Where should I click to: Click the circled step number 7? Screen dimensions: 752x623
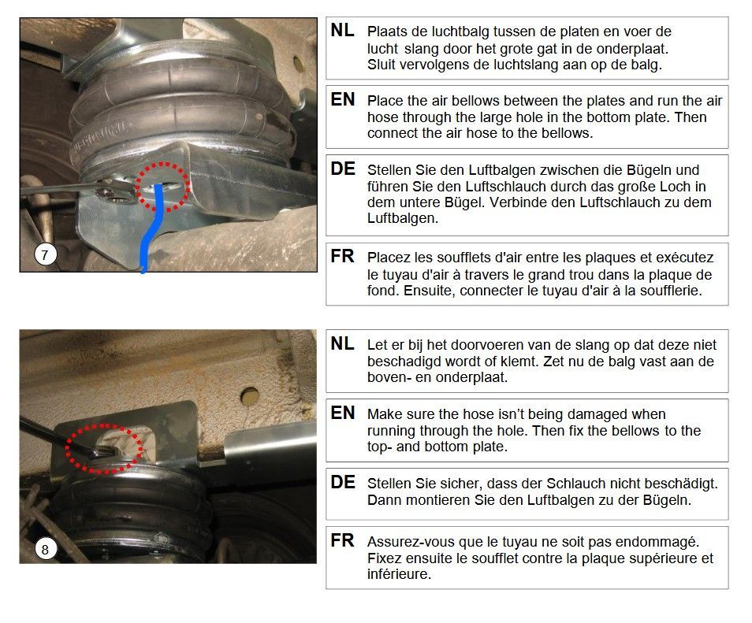[46, 254]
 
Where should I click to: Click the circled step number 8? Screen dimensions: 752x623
[46, 549]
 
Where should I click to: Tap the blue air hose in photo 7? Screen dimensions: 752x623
[152, 225]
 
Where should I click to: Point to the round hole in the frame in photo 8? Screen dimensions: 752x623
[249, 396]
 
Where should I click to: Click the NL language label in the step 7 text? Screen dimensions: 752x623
[342, 30]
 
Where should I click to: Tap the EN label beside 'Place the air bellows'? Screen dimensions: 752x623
[342, 99]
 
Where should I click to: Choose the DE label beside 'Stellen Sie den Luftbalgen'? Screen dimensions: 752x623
[342, 169]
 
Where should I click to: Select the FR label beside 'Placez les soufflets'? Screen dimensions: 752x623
[342, 257]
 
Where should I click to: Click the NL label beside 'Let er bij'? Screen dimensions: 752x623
[342, 343]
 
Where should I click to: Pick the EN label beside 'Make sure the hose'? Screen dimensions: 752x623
[342, 413]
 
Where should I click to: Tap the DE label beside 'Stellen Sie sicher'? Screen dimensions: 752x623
[342, 482]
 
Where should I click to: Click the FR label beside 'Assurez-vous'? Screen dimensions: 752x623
[342, 540]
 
